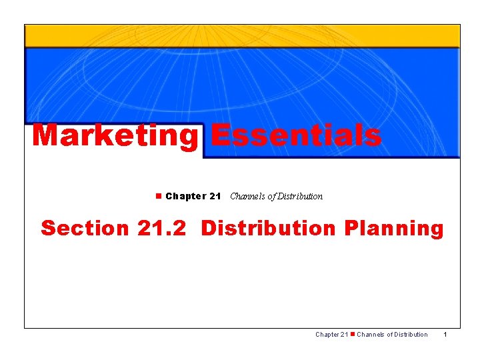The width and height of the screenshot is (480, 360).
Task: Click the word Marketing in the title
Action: (x=115, y=136)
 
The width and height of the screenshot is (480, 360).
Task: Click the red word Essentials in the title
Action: (x=296, y=135)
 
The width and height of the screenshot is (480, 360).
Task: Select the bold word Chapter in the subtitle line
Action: (x=185, y=196)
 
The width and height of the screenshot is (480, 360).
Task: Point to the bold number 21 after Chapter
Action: (x=215, y=196)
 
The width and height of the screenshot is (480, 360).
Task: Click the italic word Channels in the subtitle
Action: (x=247, y=196)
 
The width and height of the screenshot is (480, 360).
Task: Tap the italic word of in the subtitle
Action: (x=270, y=196)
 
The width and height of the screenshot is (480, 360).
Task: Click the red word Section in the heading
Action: (x=85, y=228)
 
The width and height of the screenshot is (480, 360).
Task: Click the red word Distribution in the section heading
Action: (x=268, y=228)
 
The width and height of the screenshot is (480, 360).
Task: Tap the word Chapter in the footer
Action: (x=327, y=334)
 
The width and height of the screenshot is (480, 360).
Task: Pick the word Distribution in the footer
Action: (x=409, y=334)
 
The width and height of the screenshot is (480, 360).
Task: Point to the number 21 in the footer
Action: (x=344, y=334)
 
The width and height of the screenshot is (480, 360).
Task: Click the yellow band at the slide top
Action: (x=242, y=36)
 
